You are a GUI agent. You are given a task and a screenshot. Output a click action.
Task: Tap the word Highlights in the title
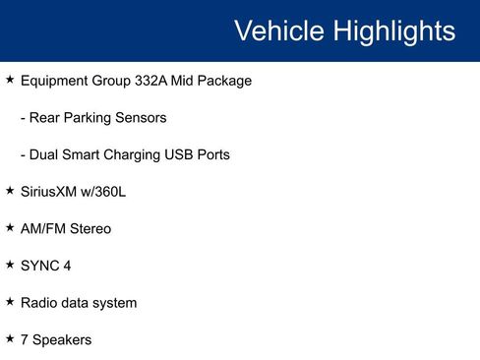click(394, 30)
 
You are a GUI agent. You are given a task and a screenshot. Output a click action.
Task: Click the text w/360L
click(105, 192)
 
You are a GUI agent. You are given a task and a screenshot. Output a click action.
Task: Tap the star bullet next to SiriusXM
click(10, 191)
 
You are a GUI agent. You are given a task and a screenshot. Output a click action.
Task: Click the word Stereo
click(90, 228)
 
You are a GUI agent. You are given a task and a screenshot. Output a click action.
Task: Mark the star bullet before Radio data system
click(10, 302)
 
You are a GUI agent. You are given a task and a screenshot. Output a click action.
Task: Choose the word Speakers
click(62, 339)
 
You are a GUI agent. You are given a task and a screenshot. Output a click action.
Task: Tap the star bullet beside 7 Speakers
click(10, 338)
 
